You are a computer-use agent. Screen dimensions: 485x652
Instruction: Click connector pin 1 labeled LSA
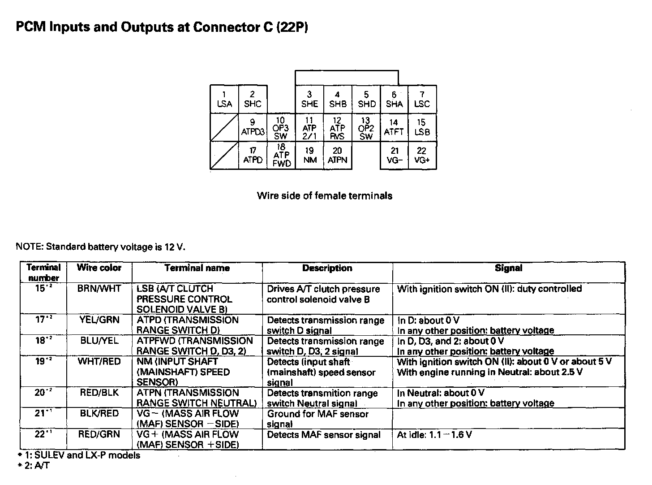click(x=224, y=100)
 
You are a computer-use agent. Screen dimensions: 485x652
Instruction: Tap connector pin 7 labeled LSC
click(x=422, y=100)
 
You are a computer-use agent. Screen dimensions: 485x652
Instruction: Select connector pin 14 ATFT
click(x=394, y=127)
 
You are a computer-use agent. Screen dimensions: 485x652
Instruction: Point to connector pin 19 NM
click(x=309, y=156)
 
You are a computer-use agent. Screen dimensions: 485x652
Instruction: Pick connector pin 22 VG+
click(x=422, y=156)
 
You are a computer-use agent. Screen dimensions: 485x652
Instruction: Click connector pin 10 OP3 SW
click(x=281, y=128)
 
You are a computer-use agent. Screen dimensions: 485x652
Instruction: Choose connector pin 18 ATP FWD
click(x=281, y=156)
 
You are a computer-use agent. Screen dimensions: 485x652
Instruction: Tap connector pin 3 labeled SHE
click(x=309, y=100)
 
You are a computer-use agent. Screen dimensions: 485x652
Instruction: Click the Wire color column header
click(x=99, y=268)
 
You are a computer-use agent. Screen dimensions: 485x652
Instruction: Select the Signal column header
click(x=508, y=268)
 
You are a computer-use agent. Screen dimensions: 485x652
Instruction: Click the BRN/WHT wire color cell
click(x=99, y=289)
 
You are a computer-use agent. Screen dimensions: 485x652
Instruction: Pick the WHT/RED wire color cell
click(x=99, y=361)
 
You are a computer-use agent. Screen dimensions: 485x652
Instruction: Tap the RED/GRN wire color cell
click(x=99, y=434)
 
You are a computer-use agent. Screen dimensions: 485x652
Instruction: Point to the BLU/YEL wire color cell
click(x=99, y=341)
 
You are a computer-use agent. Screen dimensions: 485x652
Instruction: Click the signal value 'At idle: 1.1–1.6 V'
click(x=434, y=434)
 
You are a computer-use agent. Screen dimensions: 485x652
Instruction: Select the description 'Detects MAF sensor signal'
click(x=323, y=434)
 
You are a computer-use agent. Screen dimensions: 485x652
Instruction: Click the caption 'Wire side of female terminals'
click(x=324, y=196)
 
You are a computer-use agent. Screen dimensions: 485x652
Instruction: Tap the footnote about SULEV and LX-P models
click(x=79, y=455)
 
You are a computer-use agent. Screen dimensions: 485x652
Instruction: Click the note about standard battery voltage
click(x=100, y=247)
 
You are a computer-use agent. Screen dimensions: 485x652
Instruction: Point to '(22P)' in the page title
click(x=292, y=27)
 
